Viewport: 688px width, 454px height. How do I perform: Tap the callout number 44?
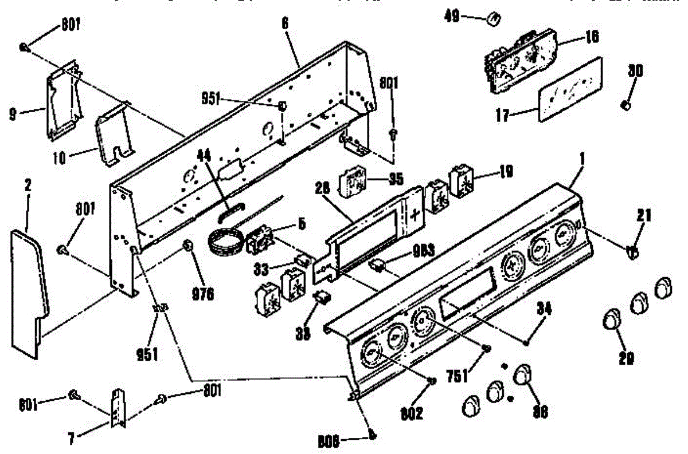(x=204, y=155)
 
